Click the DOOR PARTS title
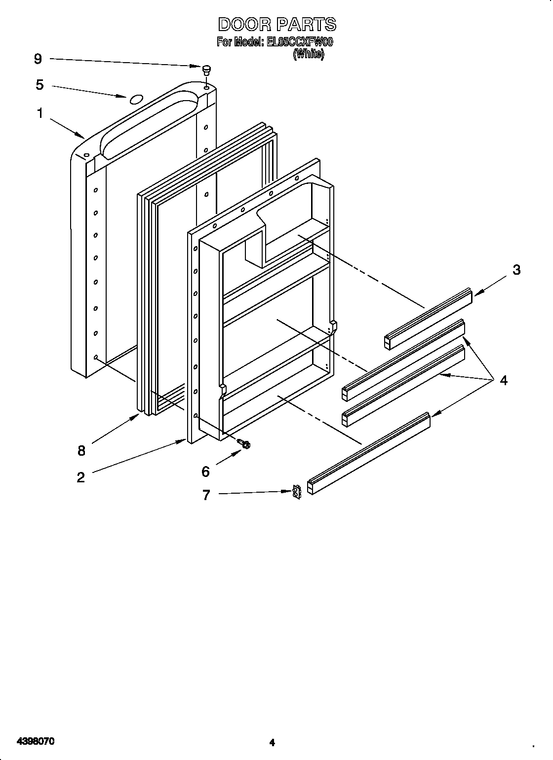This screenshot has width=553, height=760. click(x=276, y=24)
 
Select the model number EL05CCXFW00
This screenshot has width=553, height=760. click(x=300, y=42)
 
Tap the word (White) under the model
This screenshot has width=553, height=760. click(x=309, y=55)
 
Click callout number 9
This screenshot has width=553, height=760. click(x=38, y=59)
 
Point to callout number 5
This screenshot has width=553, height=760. click(x=39, y=85)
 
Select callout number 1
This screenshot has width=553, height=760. click(x=39, y=113)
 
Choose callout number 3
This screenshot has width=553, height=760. click(x=516, y=270)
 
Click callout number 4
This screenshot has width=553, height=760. click(x=504, y=380)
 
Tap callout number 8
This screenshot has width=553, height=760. click(x=81, y=450)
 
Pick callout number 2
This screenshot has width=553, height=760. click(x=80, y=477)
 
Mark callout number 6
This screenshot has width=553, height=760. click(x=205, y=471)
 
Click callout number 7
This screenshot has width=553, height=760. click(x=206, y=495)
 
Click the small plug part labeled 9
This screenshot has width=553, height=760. click(x=207, y=70)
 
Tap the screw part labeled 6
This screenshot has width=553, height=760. click(x=243, y=444)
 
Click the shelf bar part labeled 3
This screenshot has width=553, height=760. click(x=428, y=319)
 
